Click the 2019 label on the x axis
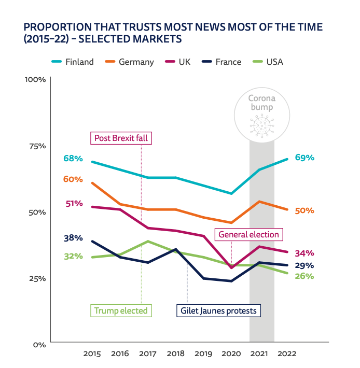pos(204,354)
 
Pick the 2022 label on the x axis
pos(288,354)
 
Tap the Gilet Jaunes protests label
pos(218,310)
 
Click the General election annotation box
pos(248,234)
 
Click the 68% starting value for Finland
pos(73,158)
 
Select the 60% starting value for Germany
pos(73,179)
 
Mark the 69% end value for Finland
pos(304,158)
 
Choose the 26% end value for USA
pos(304,276)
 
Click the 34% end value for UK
pos(304,253)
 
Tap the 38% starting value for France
pos(73,238)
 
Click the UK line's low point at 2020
pos(232,268)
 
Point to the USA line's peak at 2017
pos(148,241)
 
